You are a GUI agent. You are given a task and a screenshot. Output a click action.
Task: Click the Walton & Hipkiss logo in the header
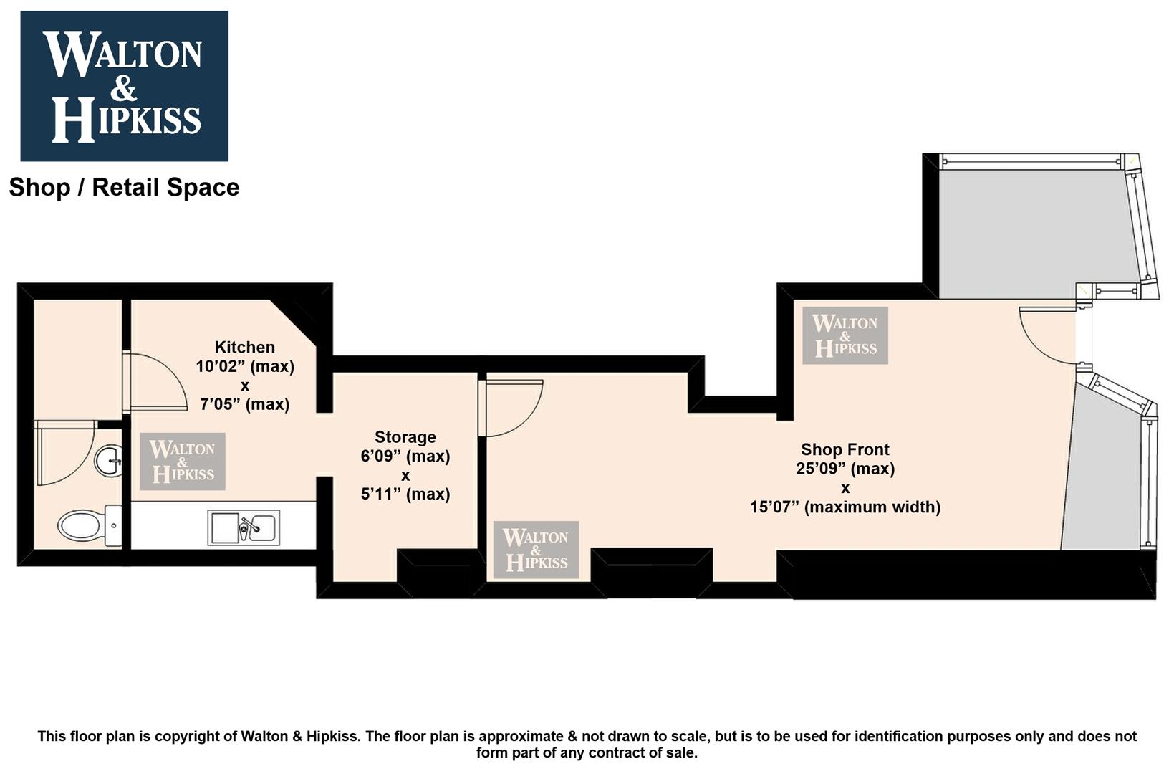click(x=124, y=86)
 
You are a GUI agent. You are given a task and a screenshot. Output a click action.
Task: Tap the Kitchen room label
click(x=245, y=347)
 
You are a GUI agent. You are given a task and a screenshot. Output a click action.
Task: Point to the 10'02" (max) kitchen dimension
click(x=245, y=366)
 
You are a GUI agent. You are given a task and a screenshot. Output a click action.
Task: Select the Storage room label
click(x=405, y=437)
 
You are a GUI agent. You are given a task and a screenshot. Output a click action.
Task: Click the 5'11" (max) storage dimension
click(x=405, y=494)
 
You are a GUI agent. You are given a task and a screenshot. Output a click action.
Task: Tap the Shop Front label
click(x=845, y=449)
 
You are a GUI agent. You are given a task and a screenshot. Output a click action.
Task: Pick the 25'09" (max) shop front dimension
click(x=845, y=468)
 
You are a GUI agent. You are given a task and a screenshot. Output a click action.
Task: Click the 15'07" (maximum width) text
click(x=845, y=507)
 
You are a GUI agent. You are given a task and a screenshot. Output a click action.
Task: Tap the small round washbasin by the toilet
click(x=108, y=461)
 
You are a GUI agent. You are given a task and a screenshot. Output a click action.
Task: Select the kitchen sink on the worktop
click(x=244, y=527)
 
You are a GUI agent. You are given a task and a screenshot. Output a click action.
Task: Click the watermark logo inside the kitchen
click(x=183, y=462)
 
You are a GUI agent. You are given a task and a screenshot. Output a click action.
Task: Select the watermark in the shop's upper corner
click(x=845, y=335)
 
